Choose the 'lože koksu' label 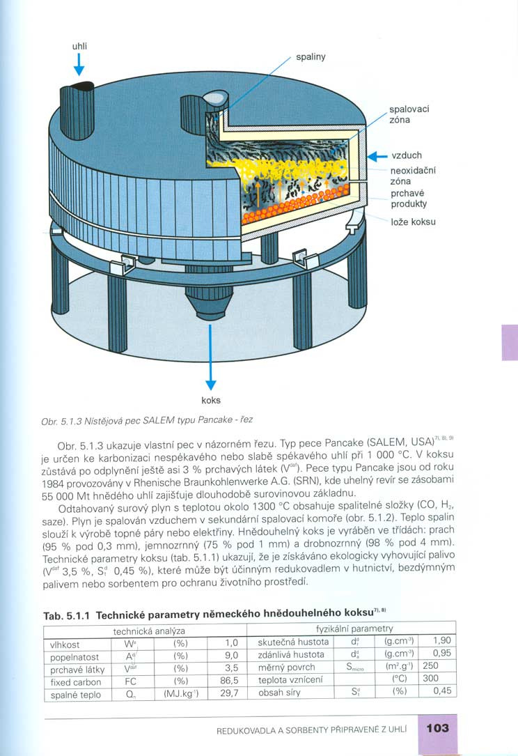tap(413, 222)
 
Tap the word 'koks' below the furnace tap(210, 401)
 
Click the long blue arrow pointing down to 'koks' tap(210, 355)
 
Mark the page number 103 tap(437, 729)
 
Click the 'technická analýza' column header tap(145, 631)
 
